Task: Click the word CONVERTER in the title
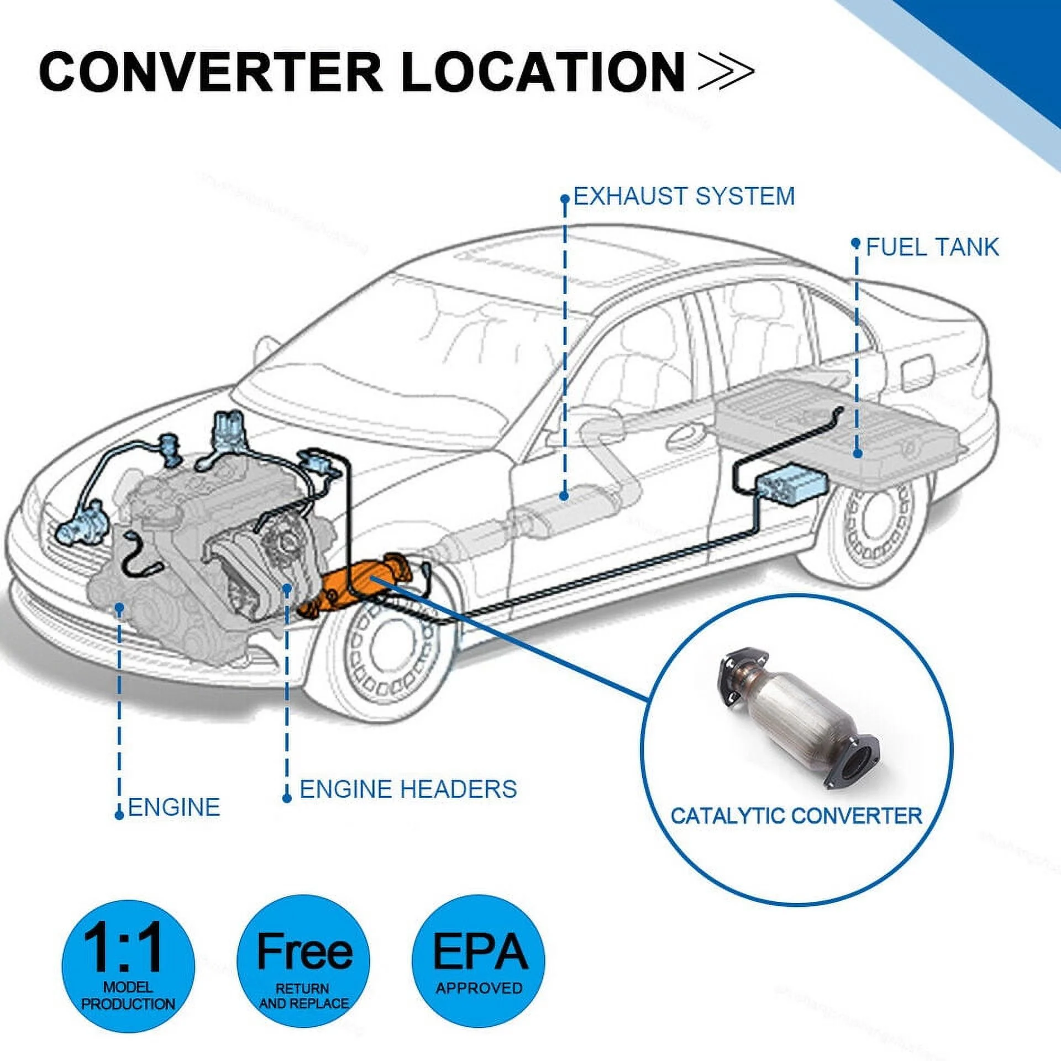coord(210,72)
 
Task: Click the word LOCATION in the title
coord(544,72)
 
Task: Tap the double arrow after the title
coord(725,72)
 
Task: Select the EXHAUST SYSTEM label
coord(684,197)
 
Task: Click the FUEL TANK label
coord(932,247)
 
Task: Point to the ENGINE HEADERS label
coord(408,789)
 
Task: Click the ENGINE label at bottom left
coord(174,807)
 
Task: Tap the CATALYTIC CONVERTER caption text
coord(796,816)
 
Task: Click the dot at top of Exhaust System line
coord(564,198)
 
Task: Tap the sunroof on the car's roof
coord(558,260)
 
